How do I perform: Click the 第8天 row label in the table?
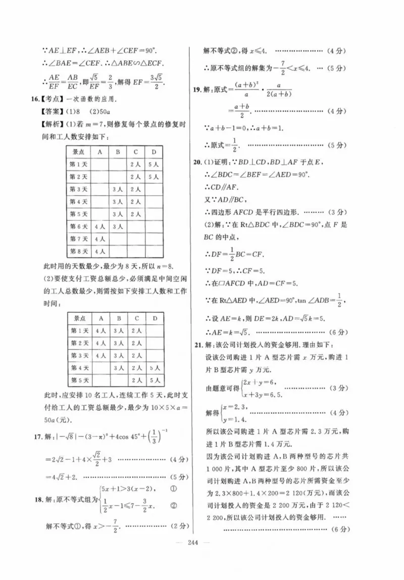79,251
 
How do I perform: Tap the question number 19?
198,90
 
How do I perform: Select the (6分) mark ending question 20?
338,332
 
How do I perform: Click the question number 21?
198,345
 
